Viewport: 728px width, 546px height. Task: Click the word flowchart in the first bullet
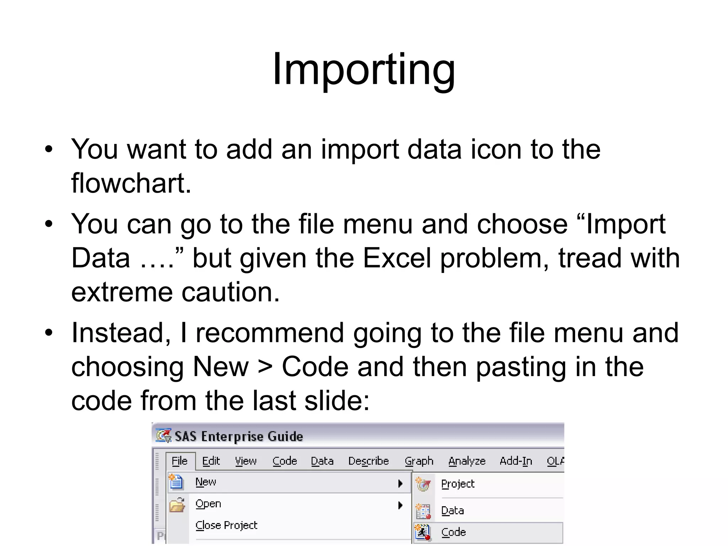pos(131,183)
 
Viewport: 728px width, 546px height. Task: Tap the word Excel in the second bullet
pos(397,258)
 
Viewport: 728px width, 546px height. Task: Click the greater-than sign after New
pos(265,367)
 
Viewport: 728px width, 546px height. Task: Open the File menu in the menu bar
pos(180,461)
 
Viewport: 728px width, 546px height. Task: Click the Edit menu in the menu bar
pos(211,461)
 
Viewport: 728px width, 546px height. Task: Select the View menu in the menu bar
pos(246,461)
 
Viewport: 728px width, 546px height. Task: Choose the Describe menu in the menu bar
pos(368,461)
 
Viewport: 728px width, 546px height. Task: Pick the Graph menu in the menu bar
pos(419,461)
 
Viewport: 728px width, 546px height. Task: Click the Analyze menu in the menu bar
pos(467,461)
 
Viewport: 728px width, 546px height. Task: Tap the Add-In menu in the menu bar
pos(516,461)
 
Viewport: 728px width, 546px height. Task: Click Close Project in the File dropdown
pos(226,525)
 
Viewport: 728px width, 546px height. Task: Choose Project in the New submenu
pos(457,484)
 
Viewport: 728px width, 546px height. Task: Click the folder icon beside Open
pos(177,505)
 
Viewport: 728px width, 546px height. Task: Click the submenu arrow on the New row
pos(400,483)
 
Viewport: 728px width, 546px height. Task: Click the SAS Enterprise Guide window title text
pos(239,436)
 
